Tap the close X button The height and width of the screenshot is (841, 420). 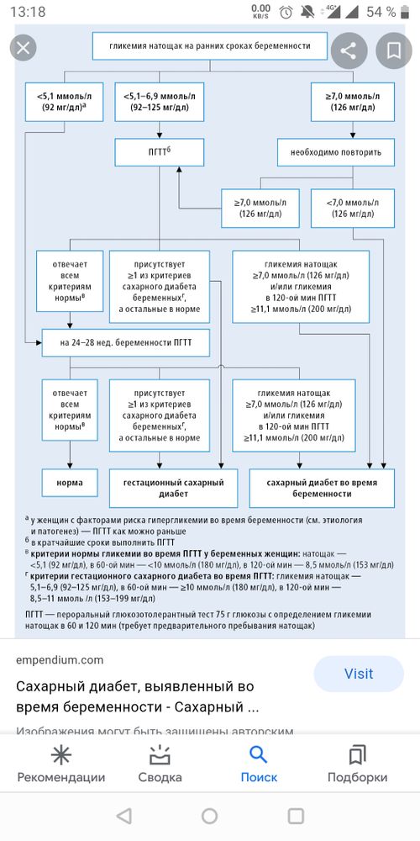click(23, 48)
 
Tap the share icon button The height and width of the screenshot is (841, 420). click(349, 51)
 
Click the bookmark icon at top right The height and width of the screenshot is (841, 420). click(394, 51)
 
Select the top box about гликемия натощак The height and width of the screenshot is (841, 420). click(209, 46)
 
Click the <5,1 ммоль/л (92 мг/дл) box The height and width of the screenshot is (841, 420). click(65, 102)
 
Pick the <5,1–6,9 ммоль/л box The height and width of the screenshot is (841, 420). click(159, 102)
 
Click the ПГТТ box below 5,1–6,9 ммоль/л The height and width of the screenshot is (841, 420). click(159, 151)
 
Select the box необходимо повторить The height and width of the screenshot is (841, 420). click(336, 151)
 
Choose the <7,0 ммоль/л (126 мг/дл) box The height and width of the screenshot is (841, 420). click(353, 209)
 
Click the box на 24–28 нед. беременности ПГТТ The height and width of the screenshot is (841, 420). click(125, 343)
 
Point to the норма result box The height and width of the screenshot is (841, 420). click(70, 483)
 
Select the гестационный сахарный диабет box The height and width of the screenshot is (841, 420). click(174, 488)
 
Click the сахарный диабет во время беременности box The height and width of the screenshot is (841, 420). click(322, 488)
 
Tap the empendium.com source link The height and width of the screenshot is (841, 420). click(60, 660)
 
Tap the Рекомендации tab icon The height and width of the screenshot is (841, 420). click(61, 755)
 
